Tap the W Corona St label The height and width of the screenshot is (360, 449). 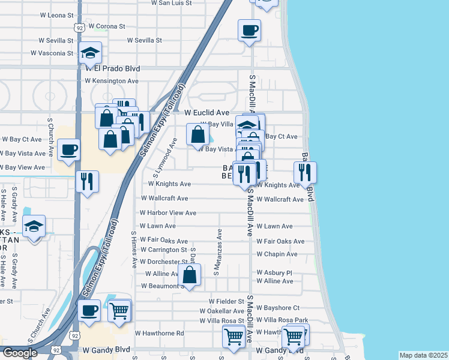click(106, 26)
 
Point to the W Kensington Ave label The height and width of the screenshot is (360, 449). click(112, 80)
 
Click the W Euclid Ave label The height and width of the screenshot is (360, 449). click(206, 112)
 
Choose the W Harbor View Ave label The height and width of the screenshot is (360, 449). click(168, 212)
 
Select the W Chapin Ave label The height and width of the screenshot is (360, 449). click(277, 254)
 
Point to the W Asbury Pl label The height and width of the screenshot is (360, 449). click(274, 272)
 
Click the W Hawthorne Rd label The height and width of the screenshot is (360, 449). click(159, 333)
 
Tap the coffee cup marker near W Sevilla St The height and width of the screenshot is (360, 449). click(249, 30)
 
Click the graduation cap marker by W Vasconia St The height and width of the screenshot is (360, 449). click(90, 53)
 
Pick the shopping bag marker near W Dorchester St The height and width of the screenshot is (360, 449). click(189, 276)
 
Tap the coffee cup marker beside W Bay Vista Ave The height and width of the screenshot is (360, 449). click(70, 149)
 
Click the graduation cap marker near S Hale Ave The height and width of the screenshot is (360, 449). click(34, 227)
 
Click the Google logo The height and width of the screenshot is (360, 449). click(19, 353)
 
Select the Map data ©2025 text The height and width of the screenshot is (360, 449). click(424, 355)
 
